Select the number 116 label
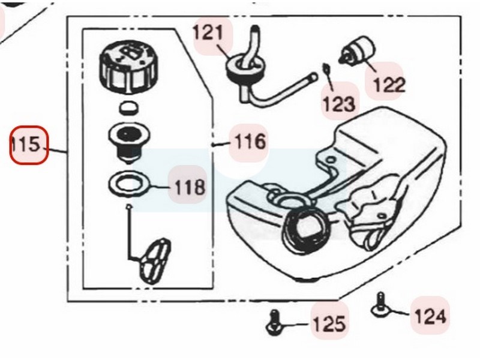(x=250, y=142)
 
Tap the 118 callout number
(x=190, y=187)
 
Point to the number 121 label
(x=208, y=33)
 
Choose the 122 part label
(x=389, y=84)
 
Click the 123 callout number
(x=339, y=104)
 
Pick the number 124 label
(x=430, y=316)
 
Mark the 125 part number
(x=329, y=323)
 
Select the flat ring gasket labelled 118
(x=130, y=184)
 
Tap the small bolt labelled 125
(x=274, y=323)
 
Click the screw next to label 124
(x=380, y=305)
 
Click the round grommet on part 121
(x=245, y=67)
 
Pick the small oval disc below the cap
(x=128, y=108)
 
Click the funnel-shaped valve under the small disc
(x=130, y=144)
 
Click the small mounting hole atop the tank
(x=331, y=160)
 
